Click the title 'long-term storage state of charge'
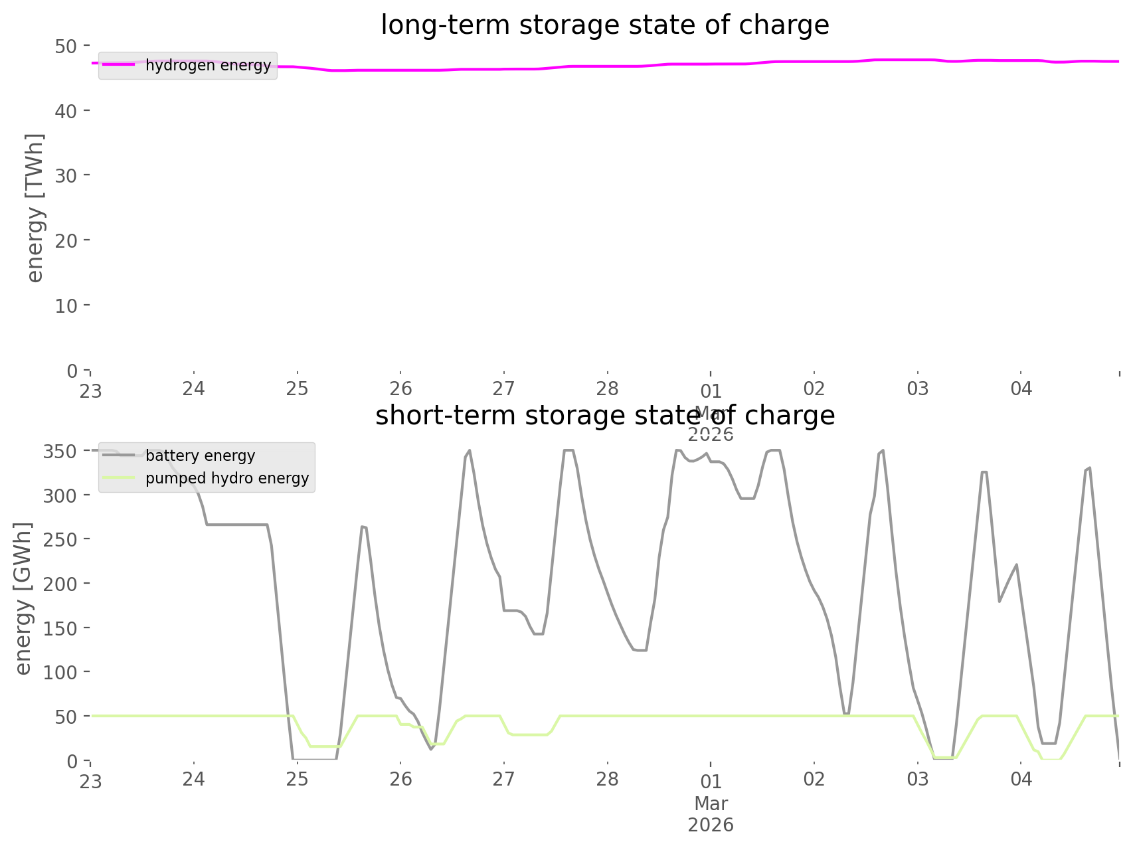tap(604, 25)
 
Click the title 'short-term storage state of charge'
tap(604, 416)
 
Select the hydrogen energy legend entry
tap(208, 65)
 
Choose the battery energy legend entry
tap(200, 456)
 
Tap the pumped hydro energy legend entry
tap(227, 478)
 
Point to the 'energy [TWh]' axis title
tap(35, 208)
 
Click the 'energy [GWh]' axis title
tap(23, 598)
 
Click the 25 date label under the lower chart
tap(298, 779)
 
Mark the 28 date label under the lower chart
tap(607, 779)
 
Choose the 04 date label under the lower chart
tap(1021, 779)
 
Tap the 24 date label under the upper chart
tap(194, 388)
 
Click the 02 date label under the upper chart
tap(814, 388)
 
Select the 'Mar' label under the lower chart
tap(711, 804)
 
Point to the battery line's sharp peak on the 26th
tap(470, 451)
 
